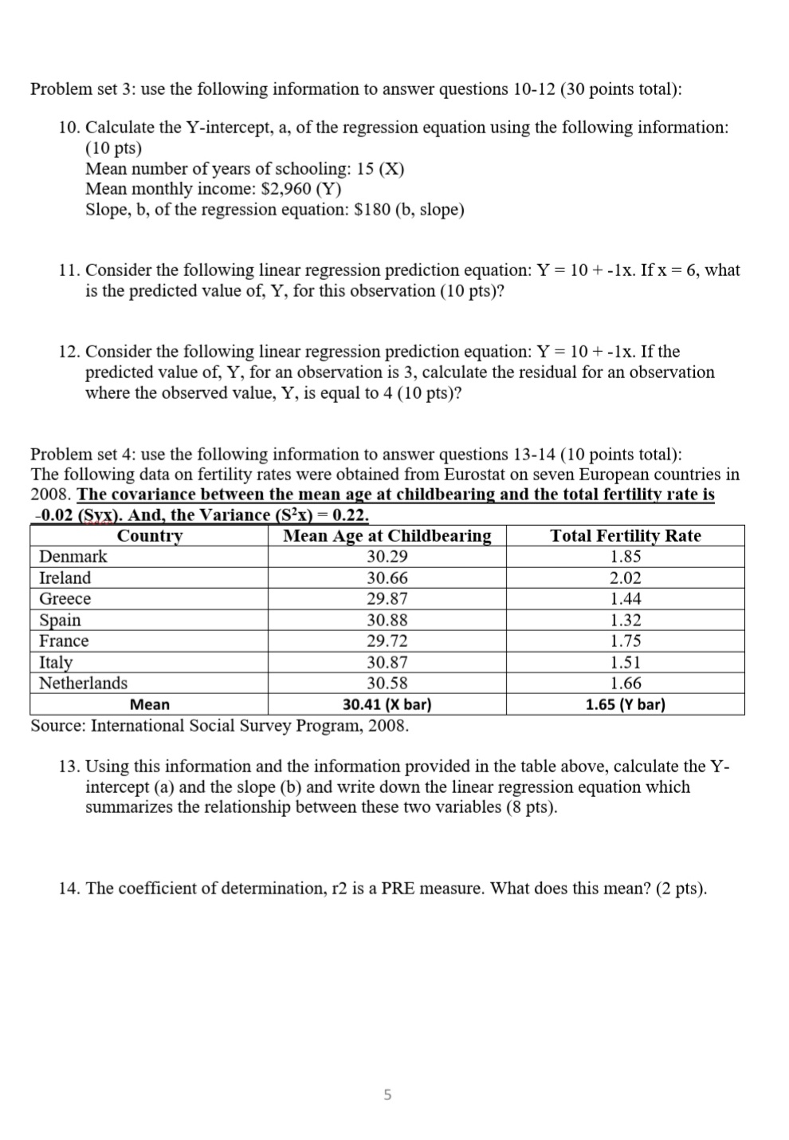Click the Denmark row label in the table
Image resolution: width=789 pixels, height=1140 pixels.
73,557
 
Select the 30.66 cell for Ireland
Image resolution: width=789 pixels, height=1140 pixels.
387,578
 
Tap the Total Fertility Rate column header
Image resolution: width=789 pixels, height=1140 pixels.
625,536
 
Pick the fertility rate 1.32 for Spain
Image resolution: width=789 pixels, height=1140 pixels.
625,620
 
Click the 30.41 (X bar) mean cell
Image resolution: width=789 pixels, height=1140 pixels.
387,704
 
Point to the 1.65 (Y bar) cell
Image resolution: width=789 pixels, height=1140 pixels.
625,704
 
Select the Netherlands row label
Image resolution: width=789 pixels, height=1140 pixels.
83,683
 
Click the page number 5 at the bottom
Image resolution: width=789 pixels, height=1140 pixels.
387,1095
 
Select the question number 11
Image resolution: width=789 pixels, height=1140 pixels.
69,270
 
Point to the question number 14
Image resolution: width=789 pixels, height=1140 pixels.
69,889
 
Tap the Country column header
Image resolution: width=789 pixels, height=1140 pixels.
149,536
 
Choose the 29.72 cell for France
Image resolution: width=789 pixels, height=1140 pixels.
387,641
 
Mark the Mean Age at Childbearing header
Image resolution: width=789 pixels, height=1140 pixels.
387,536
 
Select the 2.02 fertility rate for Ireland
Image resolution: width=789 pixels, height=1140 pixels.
625,578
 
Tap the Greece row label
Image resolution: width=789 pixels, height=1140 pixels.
65,599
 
